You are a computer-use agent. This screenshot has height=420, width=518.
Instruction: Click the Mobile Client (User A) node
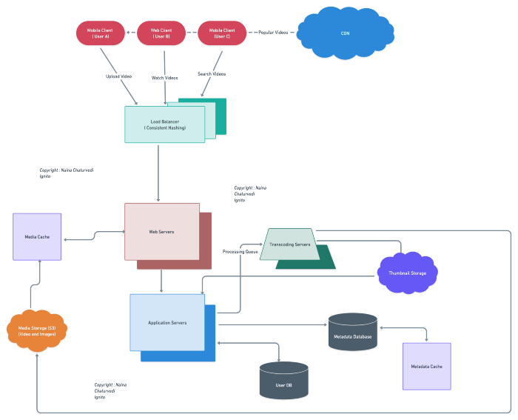click(x=101, y=33)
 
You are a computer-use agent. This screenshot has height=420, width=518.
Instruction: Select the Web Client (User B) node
click(x=161, y=33)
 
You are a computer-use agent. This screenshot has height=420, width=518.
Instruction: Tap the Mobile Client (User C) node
click(x=222, y=33)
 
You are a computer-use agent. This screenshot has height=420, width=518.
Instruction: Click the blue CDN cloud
click(x=345, y=33)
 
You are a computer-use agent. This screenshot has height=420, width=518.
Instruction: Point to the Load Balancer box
click(x=164, y=124)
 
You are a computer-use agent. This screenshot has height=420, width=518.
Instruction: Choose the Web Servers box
click(x=161, y=232)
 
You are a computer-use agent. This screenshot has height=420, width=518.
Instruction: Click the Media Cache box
click(x=37, y=237)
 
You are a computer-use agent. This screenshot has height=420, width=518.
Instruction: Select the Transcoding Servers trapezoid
click(x=289, y=244)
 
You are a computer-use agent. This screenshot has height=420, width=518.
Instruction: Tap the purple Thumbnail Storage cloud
click(x=407, y=273)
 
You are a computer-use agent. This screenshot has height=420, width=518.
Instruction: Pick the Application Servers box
click(x=167, y=323)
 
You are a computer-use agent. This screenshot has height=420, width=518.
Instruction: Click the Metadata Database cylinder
click(x=352, y=332)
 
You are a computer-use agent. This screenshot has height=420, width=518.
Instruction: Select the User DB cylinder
click(x=283, y=381)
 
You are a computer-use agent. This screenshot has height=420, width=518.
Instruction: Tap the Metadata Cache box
click(x=426, y=366)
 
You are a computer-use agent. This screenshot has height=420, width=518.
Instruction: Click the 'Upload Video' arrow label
click(x=118, y=76)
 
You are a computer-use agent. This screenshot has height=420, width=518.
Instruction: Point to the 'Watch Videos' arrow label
click(x=165, y=78)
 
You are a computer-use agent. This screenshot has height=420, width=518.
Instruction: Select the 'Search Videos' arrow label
click(x=212, y=74)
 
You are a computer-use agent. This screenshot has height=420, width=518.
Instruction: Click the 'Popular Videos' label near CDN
click(x=273, y=33)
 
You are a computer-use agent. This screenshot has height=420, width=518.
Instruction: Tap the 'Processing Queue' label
click(x=240, y=252)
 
